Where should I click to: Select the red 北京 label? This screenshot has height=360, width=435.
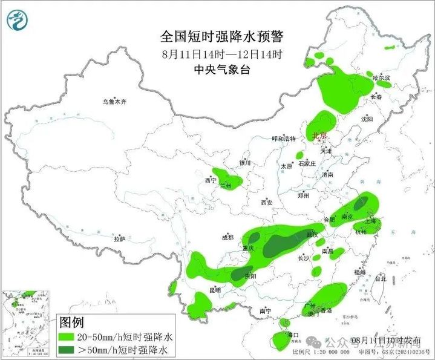point(319,135)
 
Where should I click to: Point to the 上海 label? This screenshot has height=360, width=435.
point(370,222)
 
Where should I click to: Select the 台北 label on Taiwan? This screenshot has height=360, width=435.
point(380,279)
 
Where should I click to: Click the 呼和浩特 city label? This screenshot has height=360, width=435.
point(283,139)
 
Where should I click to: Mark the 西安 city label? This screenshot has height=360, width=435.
point(267,203)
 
